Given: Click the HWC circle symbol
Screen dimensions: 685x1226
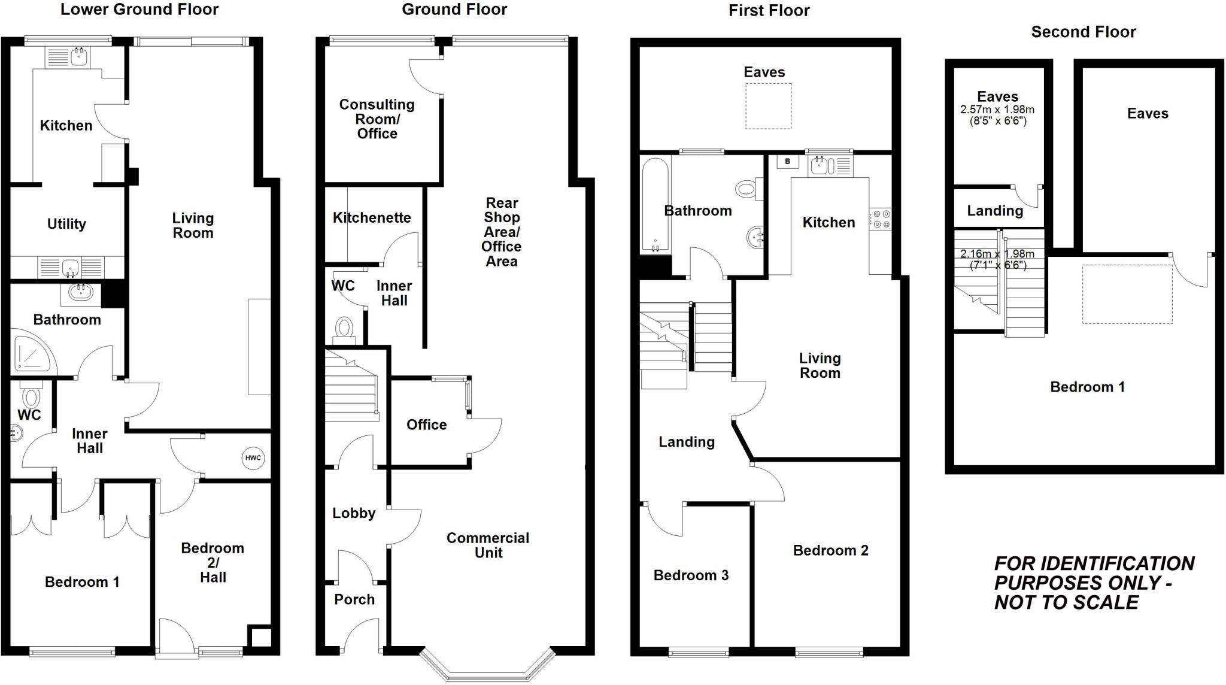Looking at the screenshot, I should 253,458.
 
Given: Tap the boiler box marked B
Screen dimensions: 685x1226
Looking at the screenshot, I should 787,162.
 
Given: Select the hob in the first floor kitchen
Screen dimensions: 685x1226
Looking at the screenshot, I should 880,219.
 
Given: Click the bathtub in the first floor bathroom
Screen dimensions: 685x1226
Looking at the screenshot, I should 656,204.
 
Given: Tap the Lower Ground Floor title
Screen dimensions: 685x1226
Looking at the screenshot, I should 139,10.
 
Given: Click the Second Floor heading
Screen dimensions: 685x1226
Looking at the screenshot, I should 1083,32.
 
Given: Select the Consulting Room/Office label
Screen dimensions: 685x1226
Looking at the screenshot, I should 377,119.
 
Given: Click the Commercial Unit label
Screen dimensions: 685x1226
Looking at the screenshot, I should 488,545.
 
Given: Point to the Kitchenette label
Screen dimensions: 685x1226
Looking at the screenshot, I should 372,217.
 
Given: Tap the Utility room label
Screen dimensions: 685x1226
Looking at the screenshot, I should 66,224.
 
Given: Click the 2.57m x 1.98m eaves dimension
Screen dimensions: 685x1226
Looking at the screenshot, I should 997,110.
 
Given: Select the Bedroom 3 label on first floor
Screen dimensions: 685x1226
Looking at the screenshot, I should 691,575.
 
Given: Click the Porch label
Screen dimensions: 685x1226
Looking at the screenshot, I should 354,599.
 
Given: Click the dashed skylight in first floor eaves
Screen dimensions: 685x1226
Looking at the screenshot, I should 768,106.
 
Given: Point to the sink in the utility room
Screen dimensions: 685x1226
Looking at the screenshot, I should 71,266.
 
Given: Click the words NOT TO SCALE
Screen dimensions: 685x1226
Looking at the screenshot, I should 1066,602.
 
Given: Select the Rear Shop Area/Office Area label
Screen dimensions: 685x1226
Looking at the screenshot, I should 502,232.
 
